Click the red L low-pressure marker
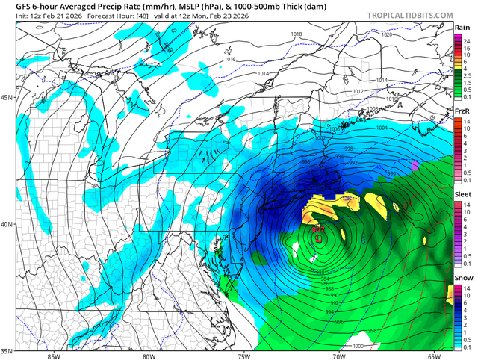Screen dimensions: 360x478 [319, 238]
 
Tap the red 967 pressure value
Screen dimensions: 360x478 [317, 229]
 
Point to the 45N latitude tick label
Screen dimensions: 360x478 [7, 98]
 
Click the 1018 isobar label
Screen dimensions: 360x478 [297, 35]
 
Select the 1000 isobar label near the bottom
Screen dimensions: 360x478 [358, 346]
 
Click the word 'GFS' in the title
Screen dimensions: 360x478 [13, 7]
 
